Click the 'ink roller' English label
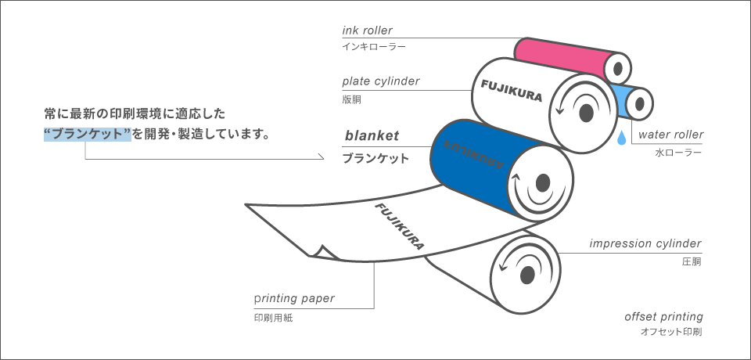(x=368, y=31)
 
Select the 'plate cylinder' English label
(x=381, y=81)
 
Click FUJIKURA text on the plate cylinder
(x=511, y=91)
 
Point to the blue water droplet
(x=621, y=137)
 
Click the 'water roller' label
(x=671, y=135)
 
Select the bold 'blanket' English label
(x=372, y=135)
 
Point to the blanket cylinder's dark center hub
(x=543, y=182)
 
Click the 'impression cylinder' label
(x=645, y=243)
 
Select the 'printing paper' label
(x=294, y=298)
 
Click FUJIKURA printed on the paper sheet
(x=399, y=227)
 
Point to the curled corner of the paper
(x=323, y=252)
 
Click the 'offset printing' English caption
(x=664, y=317)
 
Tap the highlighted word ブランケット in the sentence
(x=88, y=134)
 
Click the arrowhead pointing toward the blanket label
(x=321, y=157)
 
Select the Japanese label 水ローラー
(x=677, y=153)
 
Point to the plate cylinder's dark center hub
(x=586, y=113)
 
